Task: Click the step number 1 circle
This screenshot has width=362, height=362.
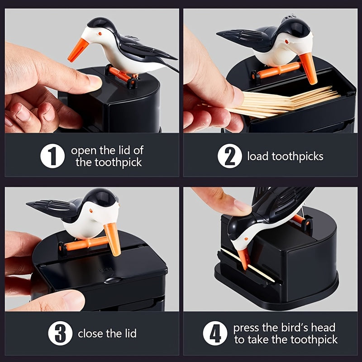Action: (53, 156)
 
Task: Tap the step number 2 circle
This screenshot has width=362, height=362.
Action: (230, 157)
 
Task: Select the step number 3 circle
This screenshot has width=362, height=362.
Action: (61, 334)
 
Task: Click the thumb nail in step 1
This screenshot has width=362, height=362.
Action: (94, 82)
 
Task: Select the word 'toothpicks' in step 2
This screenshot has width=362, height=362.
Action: (298, 157)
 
